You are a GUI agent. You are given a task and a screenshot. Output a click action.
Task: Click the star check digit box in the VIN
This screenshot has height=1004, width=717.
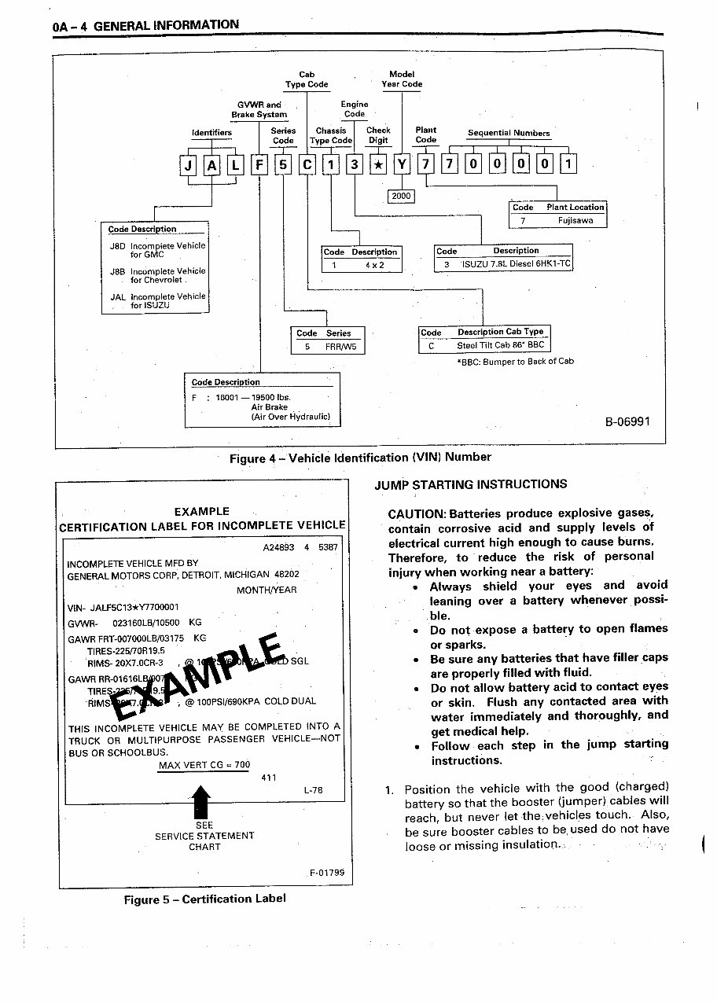point(378,165)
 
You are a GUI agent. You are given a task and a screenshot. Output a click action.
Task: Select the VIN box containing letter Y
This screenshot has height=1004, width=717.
point(403,165)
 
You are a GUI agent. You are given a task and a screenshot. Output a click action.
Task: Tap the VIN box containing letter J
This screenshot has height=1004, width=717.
point(188,165)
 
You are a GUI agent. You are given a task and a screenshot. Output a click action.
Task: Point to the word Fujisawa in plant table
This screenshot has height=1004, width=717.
point(576,221)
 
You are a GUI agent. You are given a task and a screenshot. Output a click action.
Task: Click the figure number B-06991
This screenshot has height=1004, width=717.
point(627,421)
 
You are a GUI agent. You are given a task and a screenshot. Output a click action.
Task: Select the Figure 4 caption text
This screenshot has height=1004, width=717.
point(360,457)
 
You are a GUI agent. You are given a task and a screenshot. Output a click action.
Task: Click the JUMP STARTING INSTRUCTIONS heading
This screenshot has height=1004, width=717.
point(471,484)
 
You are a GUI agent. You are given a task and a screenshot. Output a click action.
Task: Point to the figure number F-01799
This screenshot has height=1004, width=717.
point(325,873)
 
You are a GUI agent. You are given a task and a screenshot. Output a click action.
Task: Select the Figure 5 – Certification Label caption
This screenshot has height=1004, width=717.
point(204,899)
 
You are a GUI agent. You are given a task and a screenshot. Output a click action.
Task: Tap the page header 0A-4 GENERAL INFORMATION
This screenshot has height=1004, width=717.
point(146,25)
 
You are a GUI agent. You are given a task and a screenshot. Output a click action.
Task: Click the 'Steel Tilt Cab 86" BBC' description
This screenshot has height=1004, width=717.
point(501,345)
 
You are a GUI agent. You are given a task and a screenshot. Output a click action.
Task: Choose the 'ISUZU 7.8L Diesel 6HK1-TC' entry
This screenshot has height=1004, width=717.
point(516,264)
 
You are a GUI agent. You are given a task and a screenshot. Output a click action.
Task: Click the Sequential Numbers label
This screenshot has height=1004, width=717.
point(509,133)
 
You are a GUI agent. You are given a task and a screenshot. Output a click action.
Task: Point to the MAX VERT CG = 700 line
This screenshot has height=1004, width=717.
point(204,765)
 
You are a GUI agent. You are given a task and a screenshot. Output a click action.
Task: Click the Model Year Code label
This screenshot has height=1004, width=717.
point(402,79)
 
